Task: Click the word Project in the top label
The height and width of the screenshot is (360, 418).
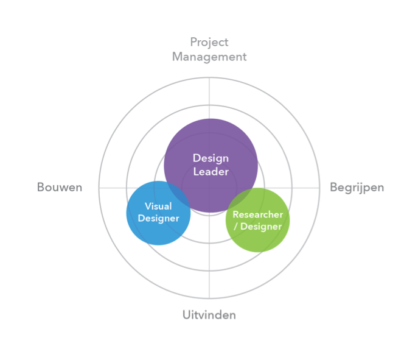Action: click(209, 43)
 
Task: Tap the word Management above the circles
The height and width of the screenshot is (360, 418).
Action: click(209, 57)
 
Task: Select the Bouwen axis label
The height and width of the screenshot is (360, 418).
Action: click(60, 187)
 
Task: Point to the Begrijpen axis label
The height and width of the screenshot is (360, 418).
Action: click(357, 188)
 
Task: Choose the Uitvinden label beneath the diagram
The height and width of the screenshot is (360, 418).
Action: click(209, 315)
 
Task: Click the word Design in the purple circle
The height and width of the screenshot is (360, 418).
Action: click(211, 159)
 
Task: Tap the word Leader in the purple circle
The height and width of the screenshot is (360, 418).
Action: click(211, 172)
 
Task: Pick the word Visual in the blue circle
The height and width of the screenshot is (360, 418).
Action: click(158, 206)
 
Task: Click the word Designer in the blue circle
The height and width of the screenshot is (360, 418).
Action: click(159, 219)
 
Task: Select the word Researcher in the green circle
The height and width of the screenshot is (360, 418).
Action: click(258, 214)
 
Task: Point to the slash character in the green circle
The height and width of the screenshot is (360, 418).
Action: click(235, 227)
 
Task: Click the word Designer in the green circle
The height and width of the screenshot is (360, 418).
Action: click(261, 227)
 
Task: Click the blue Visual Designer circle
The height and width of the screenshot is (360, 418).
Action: click(158, 230)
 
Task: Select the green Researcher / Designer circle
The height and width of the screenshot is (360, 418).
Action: click(258, 240)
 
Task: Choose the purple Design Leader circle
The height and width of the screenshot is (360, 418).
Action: click(211, 139)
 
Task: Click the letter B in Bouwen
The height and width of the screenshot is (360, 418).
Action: click(41, 187)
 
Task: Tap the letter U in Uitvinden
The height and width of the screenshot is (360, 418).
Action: click(187, 315)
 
